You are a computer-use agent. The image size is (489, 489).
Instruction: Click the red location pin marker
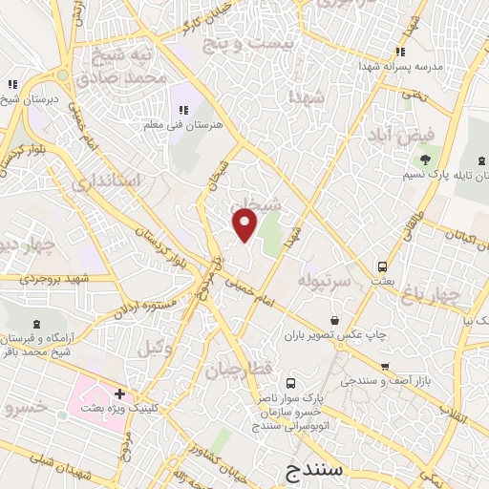click(245, 224)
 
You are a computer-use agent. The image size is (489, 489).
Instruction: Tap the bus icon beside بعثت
click(382, 266)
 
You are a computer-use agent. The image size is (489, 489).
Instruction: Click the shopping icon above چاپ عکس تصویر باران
click(334, 320)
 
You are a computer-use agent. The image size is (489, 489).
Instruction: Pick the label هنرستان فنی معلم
click(183, 125)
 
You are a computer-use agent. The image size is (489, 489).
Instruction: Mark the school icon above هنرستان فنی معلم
click(182, 110)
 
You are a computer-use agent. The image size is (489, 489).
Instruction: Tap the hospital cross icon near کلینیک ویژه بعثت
click(120, 393)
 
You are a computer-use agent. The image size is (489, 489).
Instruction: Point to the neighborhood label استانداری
click(106, 181)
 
